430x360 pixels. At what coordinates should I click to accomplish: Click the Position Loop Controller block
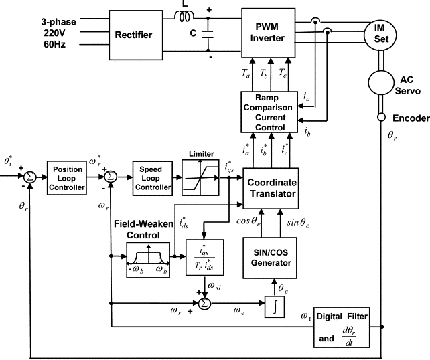pos(68,178)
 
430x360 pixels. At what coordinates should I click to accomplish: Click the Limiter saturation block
pos(200,178)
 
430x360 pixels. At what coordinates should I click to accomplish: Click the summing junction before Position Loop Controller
pos(29,177)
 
